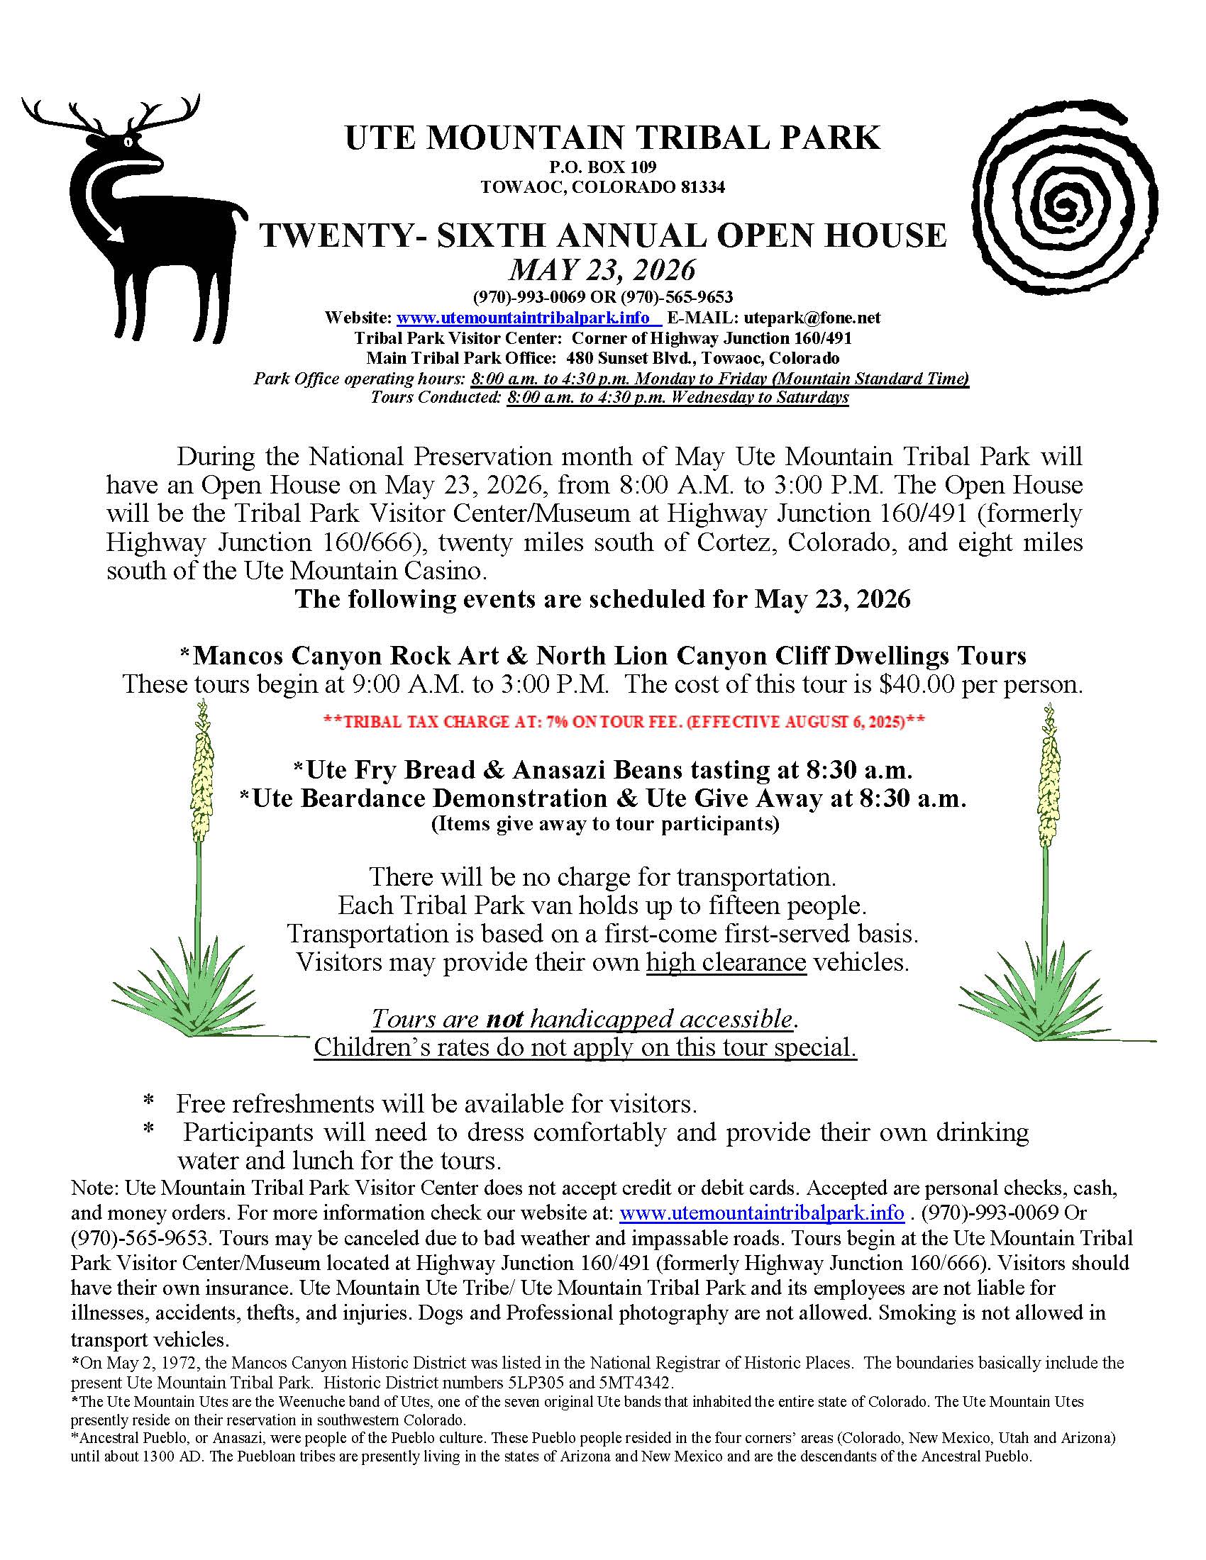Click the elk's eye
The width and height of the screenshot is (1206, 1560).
(128, 141)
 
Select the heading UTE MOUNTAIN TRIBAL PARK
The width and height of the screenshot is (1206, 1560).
(612, 138)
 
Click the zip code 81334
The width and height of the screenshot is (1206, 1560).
(702, 187)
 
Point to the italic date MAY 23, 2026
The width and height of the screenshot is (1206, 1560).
(602, 270)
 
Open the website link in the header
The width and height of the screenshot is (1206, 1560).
(523, 317)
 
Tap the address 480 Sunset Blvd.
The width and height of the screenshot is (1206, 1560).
(620, 357)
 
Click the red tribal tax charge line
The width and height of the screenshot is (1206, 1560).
(624, 721)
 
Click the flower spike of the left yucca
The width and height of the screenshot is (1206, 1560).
(202, 779)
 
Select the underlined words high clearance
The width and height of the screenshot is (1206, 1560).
(726, 962)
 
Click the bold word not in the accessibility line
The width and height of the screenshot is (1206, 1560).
(504, 1018)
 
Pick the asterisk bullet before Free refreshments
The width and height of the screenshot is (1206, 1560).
(148, 1103)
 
